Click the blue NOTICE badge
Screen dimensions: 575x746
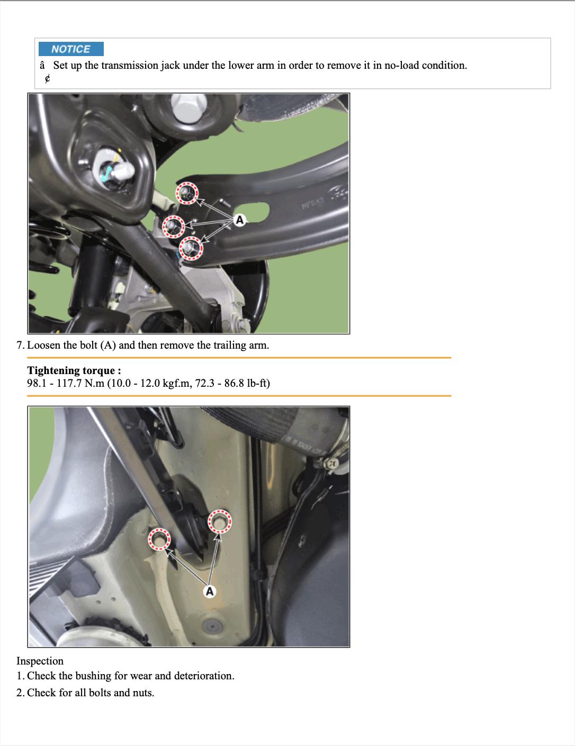click(x=71, y=49)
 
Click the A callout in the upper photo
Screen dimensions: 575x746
click(x=240, y=220)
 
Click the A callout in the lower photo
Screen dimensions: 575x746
click(x=210, y=591)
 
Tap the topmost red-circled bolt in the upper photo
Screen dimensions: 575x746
click(x=187, y=193)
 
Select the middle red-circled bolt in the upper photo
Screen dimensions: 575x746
click(x=174, y=226)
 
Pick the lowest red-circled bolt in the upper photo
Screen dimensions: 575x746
click(x=191, y=248)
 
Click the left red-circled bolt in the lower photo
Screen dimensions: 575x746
click(x=159, y=539)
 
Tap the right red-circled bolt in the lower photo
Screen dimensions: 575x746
click(x=220, y=522)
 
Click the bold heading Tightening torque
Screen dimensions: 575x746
click(x=74, y=370)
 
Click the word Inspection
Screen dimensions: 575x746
click(x=40, y=661)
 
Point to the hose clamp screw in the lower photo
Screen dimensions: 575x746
click(x=332, y=464)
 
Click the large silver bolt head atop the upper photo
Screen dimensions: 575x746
click(x=189, y=106)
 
